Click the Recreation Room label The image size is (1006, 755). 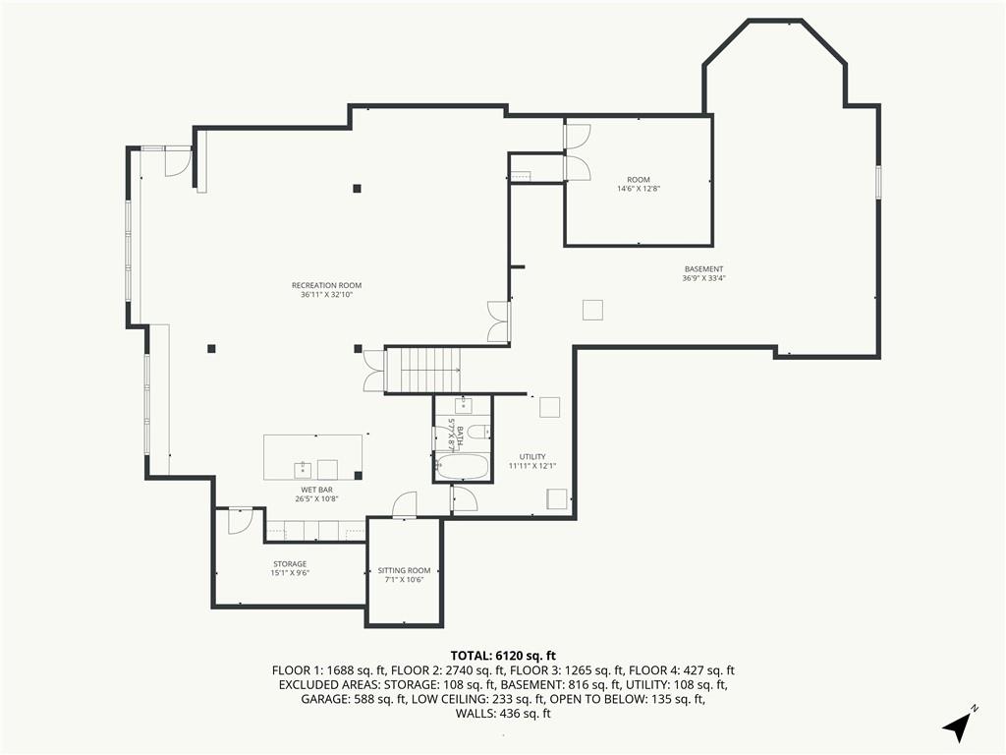pos(326,286)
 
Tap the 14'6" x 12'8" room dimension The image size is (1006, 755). pos(639,189)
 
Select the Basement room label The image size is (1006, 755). pos(703,269)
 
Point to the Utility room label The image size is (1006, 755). pos(532,457)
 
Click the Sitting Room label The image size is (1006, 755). pos(404,570)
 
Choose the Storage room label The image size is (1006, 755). pos(290,563)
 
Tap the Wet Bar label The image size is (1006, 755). pos(317,490)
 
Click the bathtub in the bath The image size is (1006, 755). pos(462,467)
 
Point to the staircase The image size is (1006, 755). pos(423,370)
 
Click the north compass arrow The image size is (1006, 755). pos(957,725)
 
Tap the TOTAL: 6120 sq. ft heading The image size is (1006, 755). pos(503,656)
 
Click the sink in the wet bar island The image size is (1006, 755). pos(303,470)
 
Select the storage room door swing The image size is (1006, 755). pos(239,521)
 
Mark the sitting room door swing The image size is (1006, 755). pos(404,504)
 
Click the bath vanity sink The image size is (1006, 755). pos(464,404)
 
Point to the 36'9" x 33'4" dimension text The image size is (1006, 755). pos(703,278)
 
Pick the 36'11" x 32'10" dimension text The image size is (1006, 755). pos(326,295)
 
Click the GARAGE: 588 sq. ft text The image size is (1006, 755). pos(353,699)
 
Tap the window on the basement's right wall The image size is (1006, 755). pos(878,182)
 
